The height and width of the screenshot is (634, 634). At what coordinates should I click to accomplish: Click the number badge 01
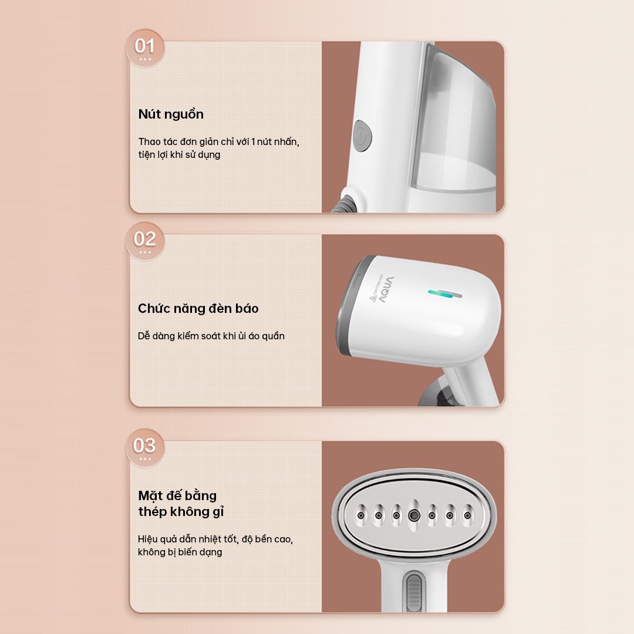tap(145, 48)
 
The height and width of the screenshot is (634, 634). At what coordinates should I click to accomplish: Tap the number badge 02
tap(145, 241)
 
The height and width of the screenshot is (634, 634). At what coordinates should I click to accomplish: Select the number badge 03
tap(144, 447)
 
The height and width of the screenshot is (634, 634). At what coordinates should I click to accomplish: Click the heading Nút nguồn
tap(171, 114)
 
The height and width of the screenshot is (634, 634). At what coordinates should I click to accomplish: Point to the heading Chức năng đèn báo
tap(198, 309)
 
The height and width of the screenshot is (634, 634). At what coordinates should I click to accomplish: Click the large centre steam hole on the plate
tap(414, 515)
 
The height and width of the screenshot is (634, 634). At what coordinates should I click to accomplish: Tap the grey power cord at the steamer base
tap(343, 204)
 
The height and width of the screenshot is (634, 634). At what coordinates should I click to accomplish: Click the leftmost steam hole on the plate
tap(360, 515)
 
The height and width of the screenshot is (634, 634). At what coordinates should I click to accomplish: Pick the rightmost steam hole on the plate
tap(468, 515)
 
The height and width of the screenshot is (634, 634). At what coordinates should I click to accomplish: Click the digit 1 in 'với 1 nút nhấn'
tap(253, 141)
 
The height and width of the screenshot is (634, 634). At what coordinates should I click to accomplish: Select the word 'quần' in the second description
tap(273, 336)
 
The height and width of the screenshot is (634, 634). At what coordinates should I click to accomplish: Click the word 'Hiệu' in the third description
tap(147, 539)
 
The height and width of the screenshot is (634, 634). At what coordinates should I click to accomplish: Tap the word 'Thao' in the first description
tap(150, 141)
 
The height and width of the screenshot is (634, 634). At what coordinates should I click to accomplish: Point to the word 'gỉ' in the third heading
tap(218, 512)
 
